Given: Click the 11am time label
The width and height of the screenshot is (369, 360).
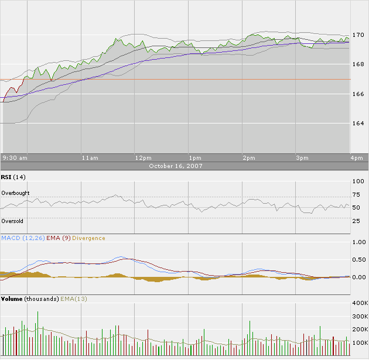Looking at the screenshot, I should pos(90,158).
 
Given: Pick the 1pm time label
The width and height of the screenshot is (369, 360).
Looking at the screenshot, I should pos(195,158).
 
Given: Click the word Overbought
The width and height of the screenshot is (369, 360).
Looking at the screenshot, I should pos(15,193).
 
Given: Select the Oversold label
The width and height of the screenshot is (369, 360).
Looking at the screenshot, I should pos(12,221).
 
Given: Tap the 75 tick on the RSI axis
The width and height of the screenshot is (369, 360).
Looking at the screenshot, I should pos(357,194).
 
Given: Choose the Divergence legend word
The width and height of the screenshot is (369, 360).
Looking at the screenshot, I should pos(89,238).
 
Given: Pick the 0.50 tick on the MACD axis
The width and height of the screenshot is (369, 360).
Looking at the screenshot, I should pos(358,259).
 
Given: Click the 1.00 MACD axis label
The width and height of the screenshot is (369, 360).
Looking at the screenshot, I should pos(358,242).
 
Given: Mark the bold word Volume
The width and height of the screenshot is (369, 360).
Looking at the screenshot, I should pos(12,299).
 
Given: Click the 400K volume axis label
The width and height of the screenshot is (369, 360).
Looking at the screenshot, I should pos(359,304).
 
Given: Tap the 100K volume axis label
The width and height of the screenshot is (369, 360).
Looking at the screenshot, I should pos(359,342).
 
